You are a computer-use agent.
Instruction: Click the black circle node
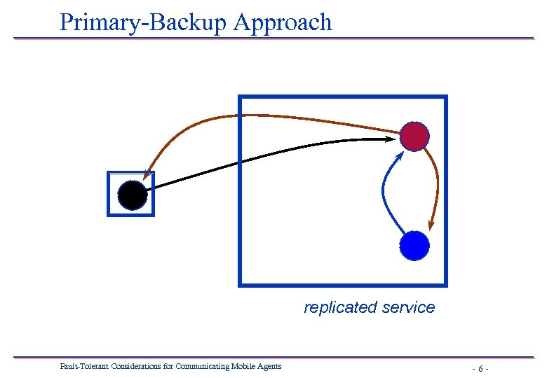(133, 195)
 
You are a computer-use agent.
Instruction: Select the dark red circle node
(414, 136)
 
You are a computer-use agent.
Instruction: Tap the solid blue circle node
(414, 246)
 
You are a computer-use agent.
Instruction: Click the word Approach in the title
(283, 22)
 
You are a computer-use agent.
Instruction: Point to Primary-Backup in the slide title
(144, 22)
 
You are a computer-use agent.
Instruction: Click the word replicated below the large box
(332, 307)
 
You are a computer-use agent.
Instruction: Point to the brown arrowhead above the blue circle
(431, 225)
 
